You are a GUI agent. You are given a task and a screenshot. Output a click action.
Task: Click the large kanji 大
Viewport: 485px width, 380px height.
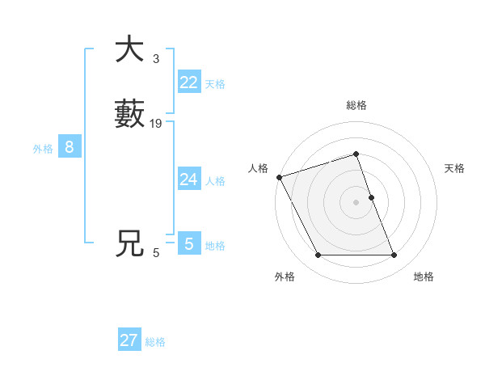(129, 50)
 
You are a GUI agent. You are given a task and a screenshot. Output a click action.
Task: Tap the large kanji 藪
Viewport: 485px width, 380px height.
(129, 114)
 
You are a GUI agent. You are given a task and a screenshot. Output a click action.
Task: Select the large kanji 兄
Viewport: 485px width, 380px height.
(129, 243)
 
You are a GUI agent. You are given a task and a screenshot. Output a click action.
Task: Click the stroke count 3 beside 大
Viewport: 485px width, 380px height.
(155, 59)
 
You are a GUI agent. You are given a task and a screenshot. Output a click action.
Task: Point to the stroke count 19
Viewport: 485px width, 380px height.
(156, 124)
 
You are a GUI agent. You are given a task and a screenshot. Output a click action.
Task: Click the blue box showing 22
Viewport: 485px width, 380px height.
(189, 82)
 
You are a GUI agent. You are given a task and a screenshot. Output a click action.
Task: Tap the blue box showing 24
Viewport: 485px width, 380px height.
(189, 179)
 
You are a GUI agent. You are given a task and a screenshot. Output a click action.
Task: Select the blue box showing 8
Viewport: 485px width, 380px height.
(70, 147)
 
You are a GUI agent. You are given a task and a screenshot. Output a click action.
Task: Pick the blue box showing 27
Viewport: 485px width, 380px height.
(129, 340)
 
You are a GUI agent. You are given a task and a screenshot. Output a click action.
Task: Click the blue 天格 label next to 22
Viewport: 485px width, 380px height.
(215, 84)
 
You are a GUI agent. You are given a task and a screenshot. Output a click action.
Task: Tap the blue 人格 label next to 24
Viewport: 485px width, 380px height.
(215, 181)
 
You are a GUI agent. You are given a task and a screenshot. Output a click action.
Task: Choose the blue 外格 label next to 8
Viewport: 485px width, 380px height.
(43, 149)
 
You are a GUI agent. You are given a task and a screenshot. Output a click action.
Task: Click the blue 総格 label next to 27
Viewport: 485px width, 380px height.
(155, 342)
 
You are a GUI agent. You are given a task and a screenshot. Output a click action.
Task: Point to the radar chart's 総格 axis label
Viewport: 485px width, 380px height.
(356, 105)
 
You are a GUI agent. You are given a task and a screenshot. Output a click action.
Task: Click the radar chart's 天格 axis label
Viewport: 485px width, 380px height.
(455, 168)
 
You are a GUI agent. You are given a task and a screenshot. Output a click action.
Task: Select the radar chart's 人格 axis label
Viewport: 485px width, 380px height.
(258, 168)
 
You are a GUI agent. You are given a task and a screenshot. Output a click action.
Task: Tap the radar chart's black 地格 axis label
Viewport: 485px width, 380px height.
(424, 277)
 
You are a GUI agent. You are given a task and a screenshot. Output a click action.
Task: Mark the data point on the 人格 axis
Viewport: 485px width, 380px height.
(279, 177)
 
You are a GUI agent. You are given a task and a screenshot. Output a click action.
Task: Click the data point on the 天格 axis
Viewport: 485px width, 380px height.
(371, 197)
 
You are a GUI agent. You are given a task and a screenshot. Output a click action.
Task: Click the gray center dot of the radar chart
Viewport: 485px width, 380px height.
(356, 202)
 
